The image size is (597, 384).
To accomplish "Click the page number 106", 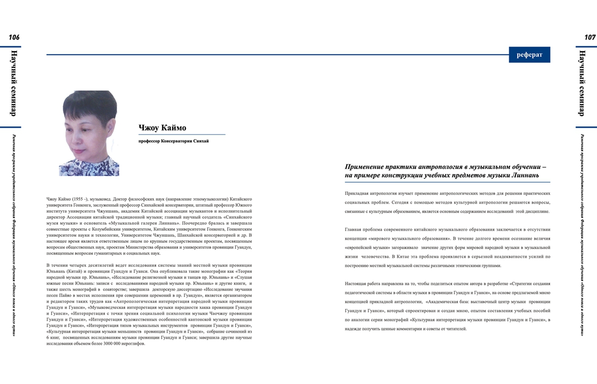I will pyautogui.click(x=14, y=37).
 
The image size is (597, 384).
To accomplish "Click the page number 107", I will pyautogui.click(x=590, y=37).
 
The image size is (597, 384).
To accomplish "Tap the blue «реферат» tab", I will pyautogui.click(x=529, y=55).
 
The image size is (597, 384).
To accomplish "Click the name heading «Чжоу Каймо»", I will pyautogui.click(x=162, y=128).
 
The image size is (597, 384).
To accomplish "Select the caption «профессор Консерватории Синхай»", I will pyautogui.click(x=174, y=141).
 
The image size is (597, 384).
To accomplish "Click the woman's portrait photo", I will pyautogui.click(x=89, y=133).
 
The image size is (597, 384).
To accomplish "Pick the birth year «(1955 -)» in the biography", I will pyautogui.click(x=80, y=199).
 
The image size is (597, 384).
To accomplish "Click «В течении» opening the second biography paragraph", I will pyautogui.click(x=57, y=265).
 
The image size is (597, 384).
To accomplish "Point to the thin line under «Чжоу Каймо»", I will pyautogui.click(x=181, y=135).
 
